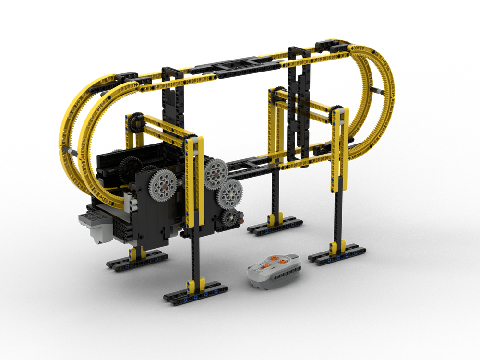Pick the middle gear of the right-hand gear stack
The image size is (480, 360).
pos(230,193)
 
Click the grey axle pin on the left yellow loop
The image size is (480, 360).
pos(73,152)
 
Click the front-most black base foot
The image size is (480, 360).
pos(195,294)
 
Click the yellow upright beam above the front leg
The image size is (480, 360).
pos(195,182)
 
